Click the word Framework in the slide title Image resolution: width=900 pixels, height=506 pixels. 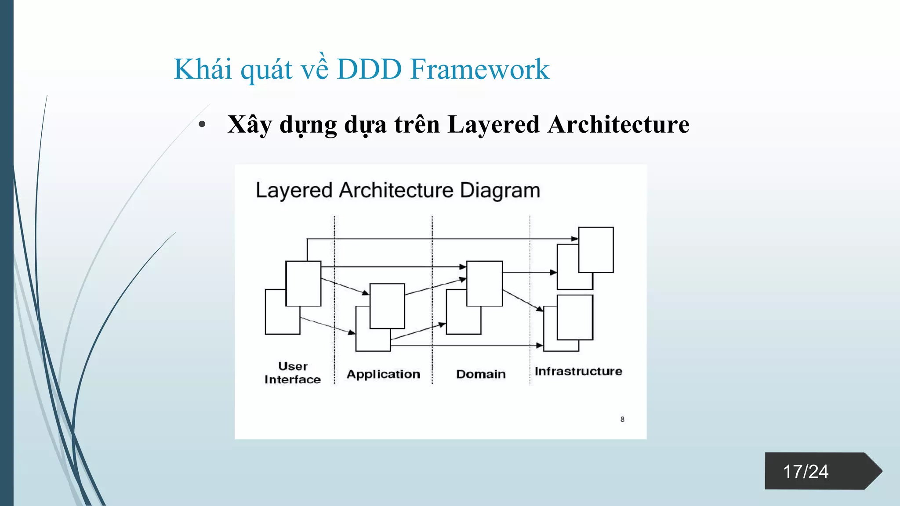pyautogui.click(x=479, y=69)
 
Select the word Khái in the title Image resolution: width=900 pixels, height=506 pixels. pyautogui.click(x=203, y=69)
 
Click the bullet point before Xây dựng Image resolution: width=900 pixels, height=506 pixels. pyautogui.click(x=202, y=125)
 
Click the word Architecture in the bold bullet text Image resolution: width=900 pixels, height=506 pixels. pyautogui.click(x=618, y=125)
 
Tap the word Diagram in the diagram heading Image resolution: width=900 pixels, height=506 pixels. pyautogui.click(x=500, y=191)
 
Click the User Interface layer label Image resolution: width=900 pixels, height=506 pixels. pyautogui.click(x=293, y=373)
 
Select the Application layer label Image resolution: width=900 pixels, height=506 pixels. pyautogui.click(x=383, y=374)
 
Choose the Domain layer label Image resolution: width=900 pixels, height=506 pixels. pyautogui.click(x=481, y=374)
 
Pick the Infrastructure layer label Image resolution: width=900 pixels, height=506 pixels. pyautogui.click(x=578, y=372)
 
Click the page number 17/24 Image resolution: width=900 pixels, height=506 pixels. pyautogui.click(x=806, y=472)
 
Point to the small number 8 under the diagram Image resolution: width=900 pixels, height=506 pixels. pyautogui.click(x=622, y=419)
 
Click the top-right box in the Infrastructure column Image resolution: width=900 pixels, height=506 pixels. pyautogui.click(x=596, y=250)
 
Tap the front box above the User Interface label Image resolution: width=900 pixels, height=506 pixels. pyautogui.click(x=303, y=283)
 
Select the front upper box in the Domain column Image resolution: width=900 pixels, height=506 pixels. pyautogui.click(x=484, y=283)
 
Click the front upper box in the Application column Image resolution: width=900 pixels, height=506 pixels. pyautogui.click(x=387, y=306)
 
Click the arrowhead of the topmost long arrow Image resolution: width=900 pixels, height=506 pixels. pyautogui.click(x=575, y=239)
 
